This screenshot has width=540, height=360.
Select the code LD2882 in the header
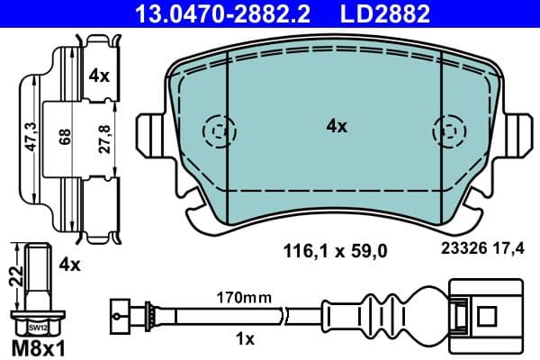[x=379, y=13]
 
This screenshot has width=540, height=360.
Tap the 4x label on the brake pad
[x=336, y=127]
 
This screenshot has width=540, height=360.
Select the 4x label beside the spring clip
[x=100, y=77]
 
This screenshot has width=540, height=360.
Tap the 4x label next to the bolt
[x=68, y=265]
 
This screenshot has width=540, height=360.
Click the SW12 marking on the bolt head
[x=35, y=328]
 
